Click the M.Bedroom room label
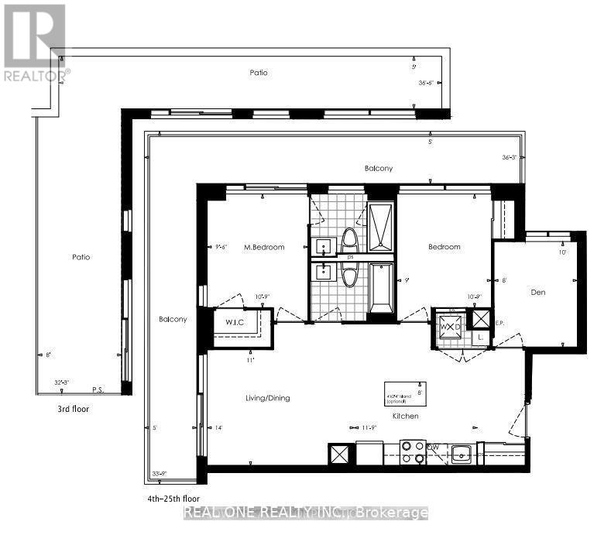(264, 247)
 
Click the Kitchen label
(405, 416)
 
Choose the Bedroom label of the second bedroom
(445, 247)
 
